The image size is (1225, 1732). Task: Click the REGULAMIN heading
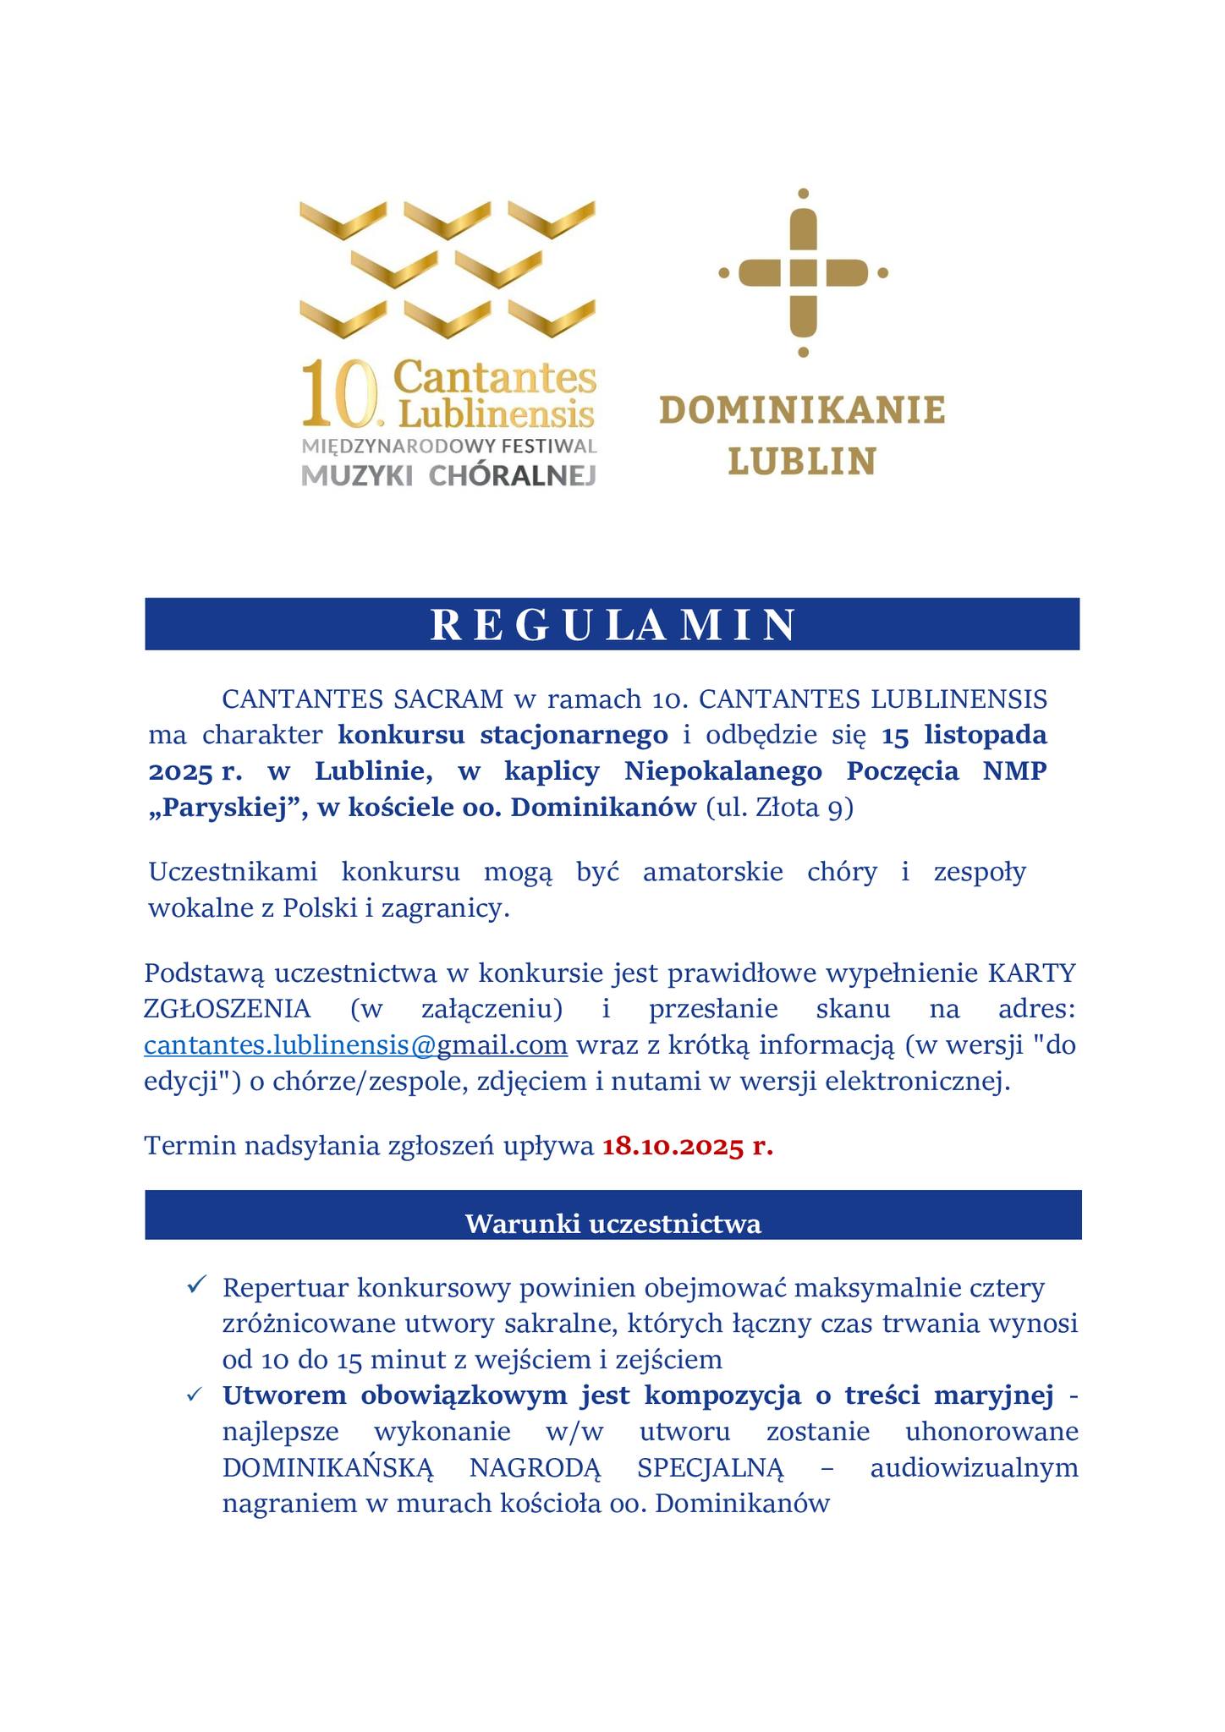point(612,624)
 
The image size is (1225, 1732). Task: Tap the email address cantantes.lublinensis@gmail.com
point(355,1045)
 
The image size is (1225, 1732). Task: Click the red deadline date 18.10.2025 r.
point(687,1146)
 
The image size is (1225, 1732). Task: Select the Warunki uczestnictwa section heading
point(612,1223)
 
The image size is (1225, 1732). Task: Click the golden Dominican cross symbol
point(803,272)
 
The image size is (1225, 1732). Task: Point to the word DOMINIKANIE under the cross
point(801,411)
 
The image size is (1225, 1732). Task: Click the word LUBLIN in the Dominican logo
point(801,462)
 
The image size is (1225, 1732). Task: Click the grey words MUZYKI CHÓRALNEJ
point(448,475)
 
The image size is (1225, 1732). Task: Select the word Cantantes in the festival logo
point(496,377)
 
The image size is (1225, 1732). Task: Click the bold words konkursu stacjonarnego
point(503,735)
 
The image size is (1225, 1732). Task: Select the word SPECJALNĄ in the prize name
point(711,1467)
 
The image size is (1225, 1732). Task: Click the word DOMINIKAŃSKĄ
point(327,1467)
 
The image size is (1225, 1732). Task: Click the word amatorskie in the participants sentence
point(712,871)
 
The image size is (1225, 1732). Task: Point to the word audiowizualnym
point(974,1467)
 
